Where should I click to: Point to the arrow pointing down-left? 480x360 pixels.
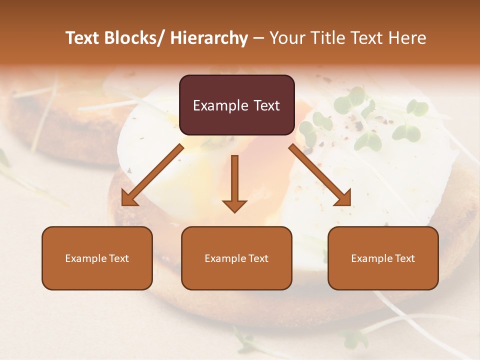point(152,175)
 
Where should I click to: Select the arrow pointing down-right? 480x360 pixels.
point(320,175)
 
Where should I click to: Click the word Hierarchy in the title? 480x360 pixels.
point(209,38)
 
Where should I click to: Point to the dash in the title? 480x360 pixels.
point(258,38)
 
